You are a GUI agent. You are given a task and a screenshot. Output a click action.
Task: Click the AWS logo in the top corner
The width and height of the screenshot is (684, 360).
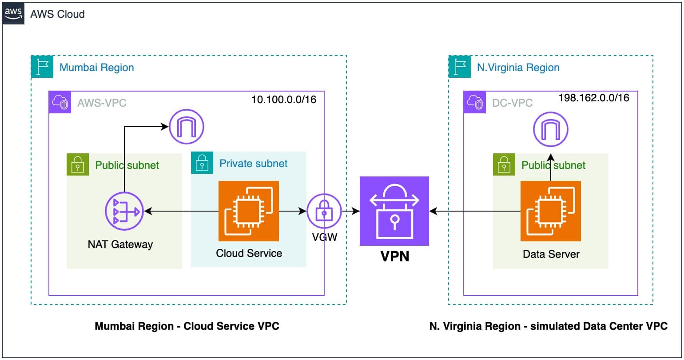pyautogui.click(x=13, y=13)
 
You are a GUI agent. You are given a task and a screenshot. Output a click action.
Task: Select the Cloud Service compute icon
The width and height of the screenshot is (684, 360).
pyautogui.click(x=248, y=211)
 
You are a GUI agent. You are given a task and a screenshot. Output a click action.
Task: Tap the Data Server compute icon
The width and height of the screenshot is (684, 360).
pyautogui.click(x=551, y=211)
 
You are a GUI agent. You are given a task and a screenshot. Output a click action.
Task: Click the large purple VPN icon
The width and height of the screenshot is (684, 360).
pyautogui.click(x=394, y=211)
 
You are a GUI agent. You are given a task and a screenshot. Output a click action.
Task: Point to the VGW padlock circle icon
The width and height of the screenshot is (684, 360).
pyautogui.click(x=324, y=212)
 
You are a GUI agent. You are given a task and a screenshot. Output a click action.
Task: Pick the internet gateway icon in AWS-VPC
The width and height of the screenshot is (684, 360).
pyautogui.click(x=186, y=127)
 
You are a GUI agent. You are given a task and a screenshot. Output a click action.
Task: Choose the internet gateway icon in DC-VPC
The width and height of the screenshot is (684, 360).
pyautogui.click(x=551, y=130)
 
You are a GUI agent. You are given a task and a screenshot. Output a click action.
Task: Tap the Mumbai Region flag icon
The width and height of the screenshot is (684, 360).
pyautogui.click(x=42, y=67)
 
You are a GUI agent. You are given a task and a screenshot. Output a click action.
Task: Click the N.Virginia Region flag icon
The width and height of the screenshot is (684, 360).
pyautogui.click(x=460, y=67)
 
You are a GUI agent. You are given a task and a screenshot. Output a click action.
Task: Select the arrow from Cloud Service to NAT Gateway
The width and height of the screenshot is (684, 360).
pyautogui.click(x=182, y=212)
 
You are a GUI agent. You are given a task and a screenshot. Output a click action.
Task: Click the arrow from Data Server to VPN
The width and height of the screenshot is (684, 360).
pyautogui.click(x=475, y=212)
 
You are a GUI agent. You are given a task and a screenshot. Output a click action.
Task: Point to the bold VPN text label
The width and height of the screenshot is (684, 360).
pyautogui.click(x=394, y=256)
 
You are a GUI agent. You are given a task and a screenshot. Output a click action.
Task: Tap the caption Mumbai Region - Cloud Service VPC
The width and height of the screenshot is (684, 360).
pyautogui.click(x=187, y=326)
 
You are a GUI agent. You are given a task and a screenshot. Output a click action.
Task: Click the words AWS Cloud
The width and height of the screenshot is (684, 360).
pyautogui.click(x=57, y=14)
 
